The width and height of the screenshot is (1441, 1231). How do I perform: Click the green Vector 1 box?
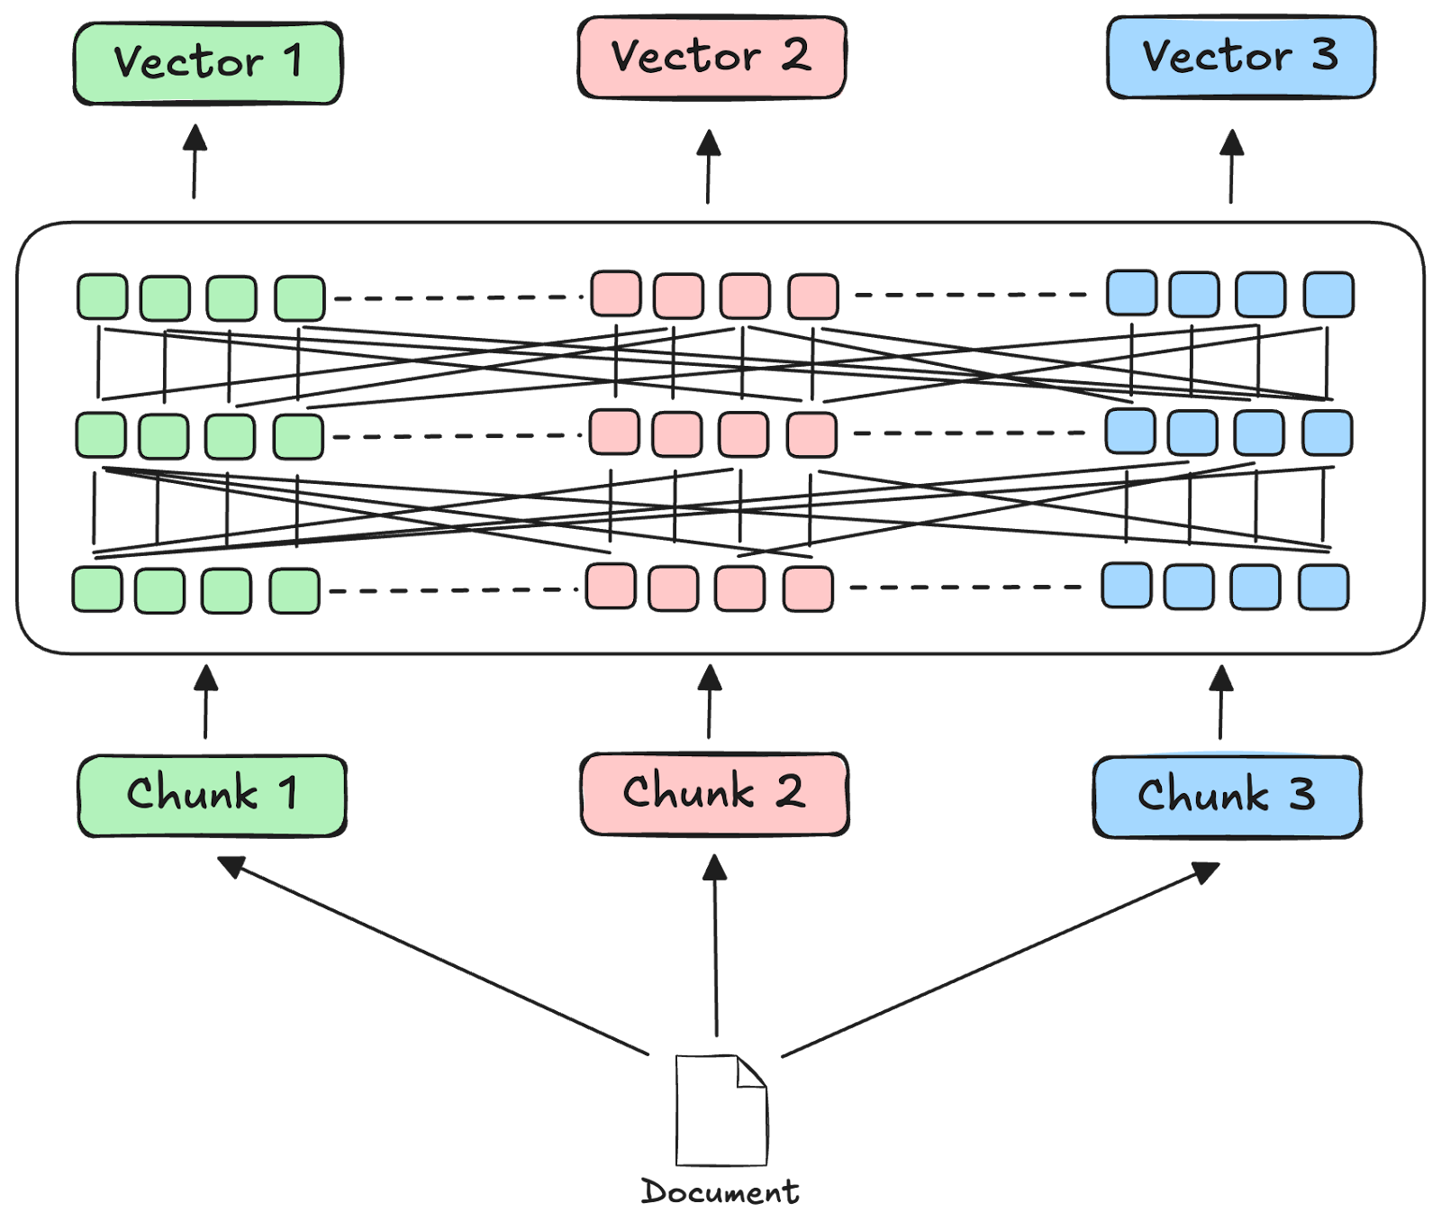[207, 63]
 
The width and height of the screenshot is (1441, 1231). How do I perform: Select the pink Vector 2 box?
[711, 58]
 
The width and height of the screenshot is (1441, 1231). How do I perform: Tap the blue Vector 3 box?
[1240, 57]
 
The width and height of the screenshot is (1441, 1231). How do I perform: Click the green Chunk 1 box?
[212, 795]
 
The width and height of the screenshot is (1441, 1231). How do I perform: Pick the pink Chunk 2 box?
[714, 793]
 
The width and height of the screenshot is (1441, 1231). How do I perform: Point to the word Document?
[720, 1192]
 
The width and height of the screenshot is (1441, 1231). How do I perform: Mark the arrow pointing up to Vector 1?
[195, 162]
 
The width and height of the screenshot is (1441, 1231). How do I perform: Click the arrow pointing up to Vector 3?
[1232, 167]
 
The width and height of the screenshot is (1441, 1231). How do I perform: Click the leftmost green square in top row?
[102, 297]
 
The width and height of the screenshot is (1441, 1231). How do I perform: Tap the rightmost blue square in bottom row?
[1324, 588]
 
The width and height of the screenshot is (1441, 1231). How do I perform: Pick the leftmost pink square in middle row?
[614, 433]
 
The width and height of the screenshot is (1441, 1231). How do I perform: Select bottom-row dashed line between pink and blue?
[965, 588]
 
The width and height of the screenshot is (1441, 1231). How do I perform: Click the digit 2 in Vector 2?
[794, 56]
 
